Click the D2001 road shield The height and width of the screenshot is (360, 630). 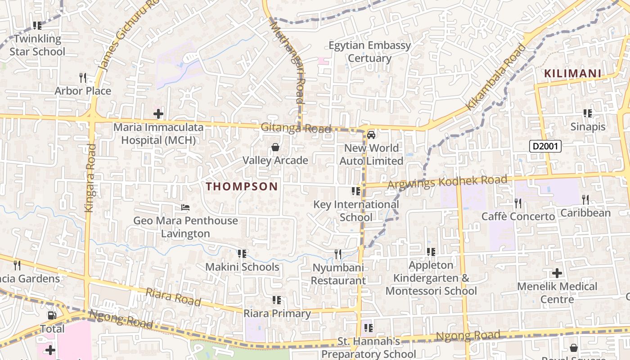(545, 146)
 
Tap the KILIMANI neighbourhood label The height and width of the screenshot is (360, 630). (572, 73)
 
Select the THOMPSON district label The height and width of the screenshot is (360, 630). (242, 186)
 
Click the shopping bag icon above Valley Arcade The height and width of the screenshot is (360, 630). (275, 147)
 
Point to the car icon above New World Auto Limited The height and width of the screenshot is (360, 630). (371, 135)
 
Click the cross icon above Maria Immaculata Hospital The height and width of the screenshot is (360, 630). (158, 113)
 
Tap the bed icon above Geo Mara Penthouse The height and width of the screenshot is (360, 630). (185, 207)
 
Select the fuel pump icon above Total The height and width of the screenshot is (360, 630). (52, 315)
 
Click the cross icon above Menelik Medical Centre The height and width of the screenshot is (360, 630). (557, 273)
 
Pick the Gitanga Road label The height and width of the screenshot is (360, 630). (296, 128)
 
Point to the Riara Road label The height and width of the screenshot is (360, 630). (173, 297)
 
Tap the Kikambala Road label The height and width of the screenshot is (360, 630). (495, 76)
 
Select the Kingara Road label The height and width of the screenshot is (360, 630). (90, 178)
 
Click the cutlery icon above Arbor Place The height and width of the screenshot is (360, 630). (82, 78)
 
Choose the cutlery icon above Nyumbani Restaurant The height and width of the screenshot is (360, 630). (338, 254)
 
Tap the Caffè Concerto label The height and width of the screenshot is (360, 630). (518, 216)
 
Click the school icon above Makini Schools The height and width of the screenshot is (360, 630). (242, 254)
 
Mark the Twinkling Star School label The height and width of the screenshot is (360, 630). (37, 45)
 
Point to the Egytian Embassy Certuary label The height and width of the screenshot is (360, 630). (370, 52)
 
